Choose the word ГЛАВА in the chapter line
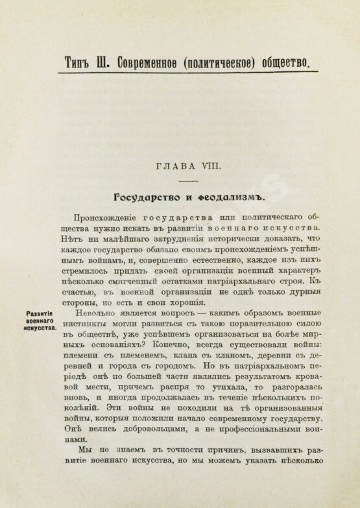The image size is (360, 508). pyautogui.click(x=174, y=168)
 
